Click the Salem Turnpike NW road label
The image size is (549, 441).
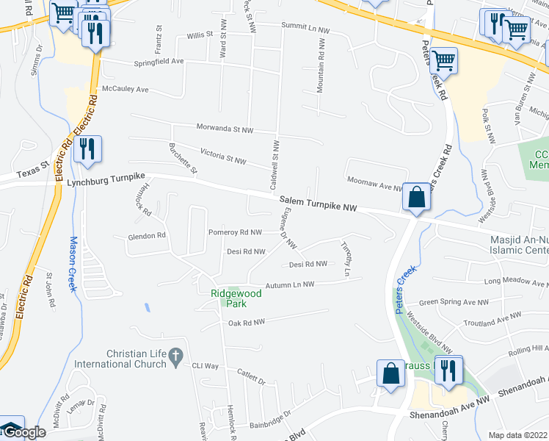(x=317, y=204)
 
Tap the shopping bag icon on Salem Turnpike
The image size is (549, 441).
(x=416, y=197)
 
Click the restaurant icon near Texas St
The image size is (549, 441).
(x=87, y=148)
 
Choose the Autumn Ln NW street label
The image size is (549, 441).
(x=289, y=284)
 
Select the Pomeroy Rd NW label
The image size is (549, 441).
(x=235, y=232)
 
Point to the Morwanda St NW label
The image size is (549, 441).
(x=223, y=129)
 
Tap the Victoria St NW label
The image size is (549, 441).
(x=223, y=155)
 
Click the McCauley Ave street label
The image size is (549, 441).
(x=126, y=89)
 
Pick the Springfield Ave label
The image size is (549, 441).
(x=158, y=62)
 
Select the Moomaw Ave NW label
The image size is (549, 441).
(x=375, y=186)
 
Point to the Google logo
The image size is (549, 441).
(x=22, y=432)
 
